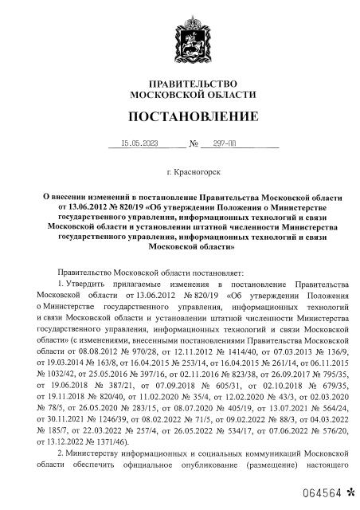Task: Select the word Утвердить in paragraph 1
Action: pos(86,283)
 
